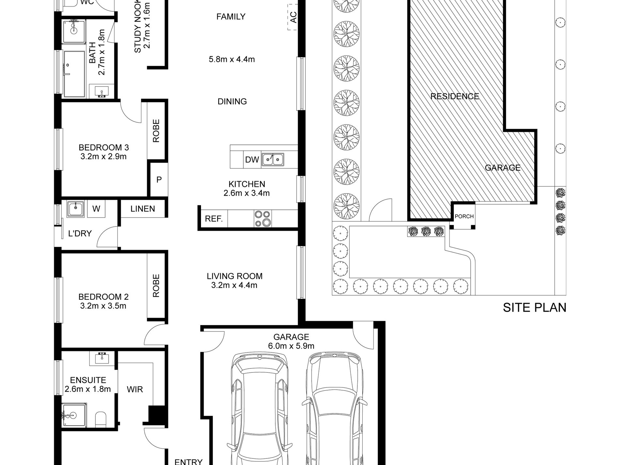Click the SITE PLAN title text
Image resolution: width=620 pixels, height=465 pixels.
pyautogui.click(x=535, y=308)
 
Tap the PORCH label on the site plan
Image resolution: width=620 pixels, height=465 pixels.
pyautogui.click(x=464, y=216)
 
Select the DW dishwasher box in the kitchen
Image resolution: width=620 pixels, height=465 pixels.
pyautogui.click(x=252, y=160)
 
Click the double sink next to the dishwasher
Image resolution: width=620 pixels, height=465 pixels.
pyautogui.click(x=272, y=160)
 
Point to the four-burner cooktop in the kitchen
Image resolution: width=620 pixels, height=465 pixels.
pyautogui.click(x=263, y=219)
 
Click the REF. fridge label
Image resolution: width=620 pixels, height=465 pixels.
pyautogui.click(x=214, y=219)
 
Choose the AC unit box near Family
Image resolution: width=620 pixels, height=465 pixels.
pyautogui.click(x=293, y=17)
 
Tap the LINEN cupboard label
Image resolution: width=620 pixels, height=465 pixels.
pyautogui.click(x=143, y=209)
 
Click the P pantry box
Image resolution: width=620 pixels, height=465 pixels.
pyautogui.click(x=159, y=179)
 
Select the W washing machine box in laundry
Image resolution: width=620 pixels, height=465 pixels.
pyautogui.click(x=96, y=209)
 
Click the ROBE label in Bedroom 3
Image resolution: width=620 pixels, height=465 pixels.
pyautogui.click(x=156, y=131)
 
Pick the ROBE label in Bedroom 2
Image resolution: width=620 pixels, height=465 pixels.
pyautogui.click(x=156, y=286)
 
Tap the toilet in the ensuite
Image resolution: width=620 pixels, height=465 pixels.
pyautogui.click(x=101, y=419)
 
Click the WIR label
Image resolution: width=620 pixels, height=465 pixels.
pyautogui.click(x=135, y=390)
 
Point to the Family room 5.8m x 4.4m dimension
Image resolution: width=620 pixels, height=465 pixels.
pyautogui.click(x=232, y=59)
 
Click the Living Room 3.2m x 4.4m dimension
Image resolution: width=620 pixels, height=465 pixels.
pyautogui.click(x=234, y=286)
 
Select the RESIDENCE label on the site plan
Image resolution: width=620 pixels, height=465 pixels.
pyautogui.click(x=455, y=96)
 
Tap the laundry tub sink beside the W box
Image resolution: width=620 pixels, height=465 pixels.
pyautogui.click(x=76, y=209)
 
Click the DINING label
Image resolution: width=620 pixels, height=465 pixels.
pyautogui.click(x=232, y=101)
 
